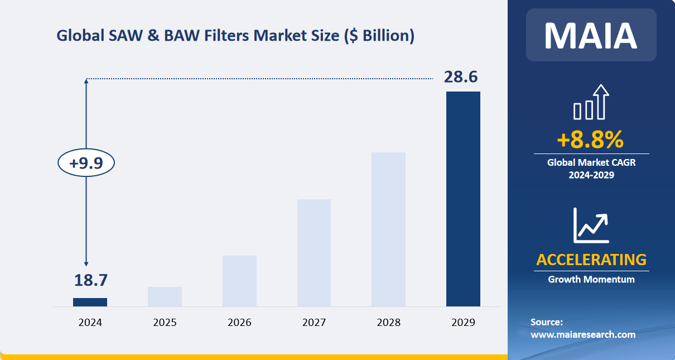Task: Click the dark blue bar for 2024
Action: (x=90, y=302)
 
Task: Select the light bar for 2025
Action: (x=165, y=296)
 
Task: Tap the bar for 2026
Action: (x=239, y=281)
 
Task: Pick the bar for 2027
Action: (x=314, y=253)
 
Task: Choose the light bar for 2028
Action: (x=389, y=229)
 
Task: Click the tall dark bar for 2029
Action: (x=463, y=199)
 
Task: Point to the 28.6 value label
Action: (x=461, y=77)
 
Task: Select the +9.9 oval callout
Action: (x=86, y=163)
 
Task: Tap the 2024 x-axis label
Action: (x=90, y=323)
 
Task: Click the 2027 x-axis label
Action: (x=314, y=323)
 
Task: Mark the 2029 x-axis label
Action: (x=463, y=323)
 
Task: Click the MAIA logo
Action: (x=591, y=35)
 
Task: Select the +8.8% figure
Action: (x=591, y=140)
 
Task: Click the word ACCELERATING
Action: (x=591, y=260)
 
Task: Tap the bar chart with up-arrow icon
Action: (x=591, y=103)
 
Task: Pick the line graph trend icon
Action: (x=591, y=225)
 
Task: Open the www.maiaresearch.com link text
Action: (x=583, y=334)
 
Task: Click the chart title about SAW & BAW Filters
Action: (x=235, y=36)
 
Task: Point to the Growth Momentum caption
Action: (x=591, y=279)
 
